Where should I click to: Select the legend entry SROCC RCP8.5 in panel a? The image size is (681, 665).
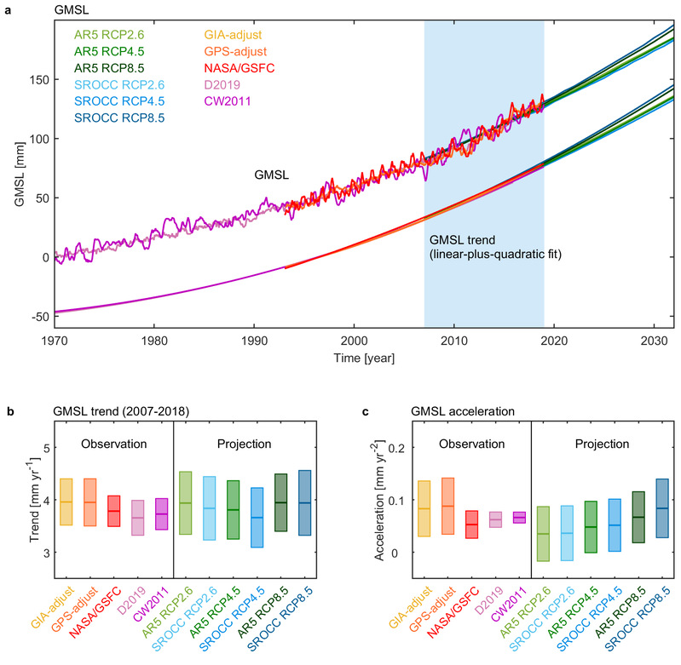coord(120,118)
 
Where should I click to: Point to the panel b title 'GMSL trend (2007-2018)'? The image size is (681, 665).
coord(99,412)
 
